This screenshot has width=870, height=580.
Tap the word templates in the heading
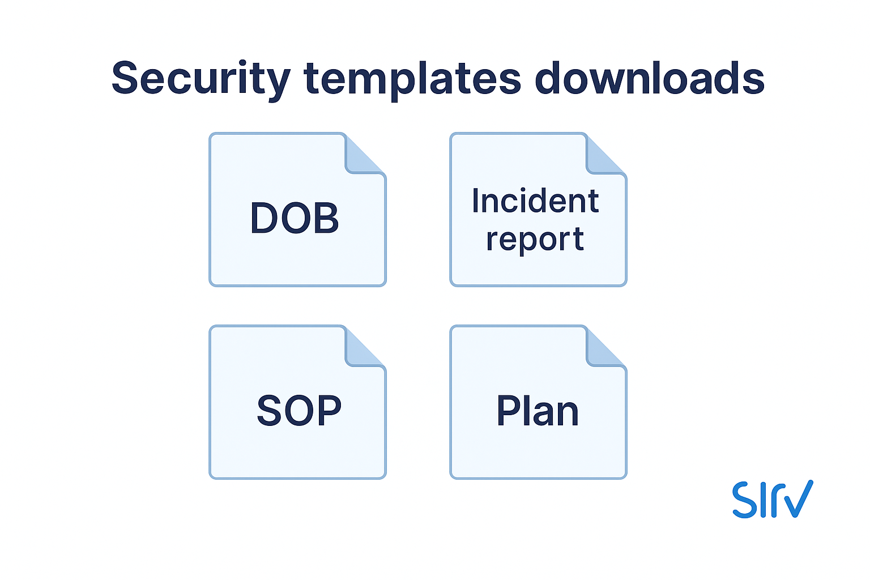coord(412,79)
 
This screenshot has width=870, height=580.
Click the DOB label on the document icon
coord(295,219)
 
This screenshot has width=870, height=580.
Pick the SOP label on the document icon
coord(299,411)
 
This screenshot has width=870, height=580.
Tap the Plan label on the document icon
coord(538,411)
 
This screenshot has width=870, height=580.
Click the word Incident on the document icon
coord(535,201)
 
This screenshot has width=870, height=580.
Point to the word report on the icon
coord(535,240)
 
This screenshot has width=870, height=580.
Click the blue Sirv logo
coord(773,499)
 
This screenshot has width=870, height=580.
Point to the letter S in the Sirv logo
coord(744,500)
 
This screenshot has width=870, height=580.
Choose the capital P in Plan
coord(508,411)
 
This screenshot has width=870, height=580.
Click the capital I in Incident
coord(476,201)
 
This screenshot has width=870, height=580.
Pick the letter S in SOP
coord(269,411)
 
